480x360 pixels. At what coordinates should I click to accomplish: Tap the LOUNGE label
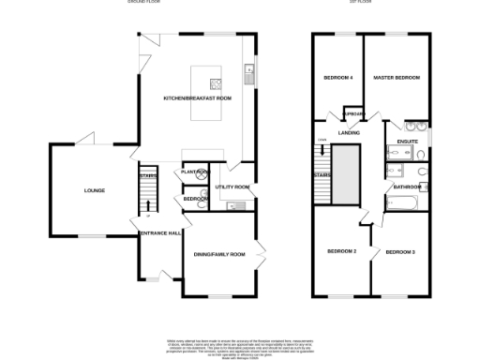[x=94, y=191]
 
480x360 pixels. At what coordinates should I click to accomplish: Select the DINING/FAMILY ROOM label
[x=218, y=254]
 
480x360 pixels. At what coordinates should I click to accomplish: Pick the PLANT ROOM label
[x=195, y=172]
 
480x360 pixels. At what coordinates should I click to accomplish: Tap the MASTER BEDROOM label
[x=395, y=77]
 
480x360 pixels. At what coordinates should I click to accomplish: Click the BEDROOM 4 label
[x=338, y=77]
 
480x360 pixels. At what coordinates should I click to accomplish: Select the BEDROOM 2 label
[x=341, y=251]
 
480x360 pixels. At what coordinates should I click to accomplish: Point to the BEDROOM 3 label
[x=400, y=251]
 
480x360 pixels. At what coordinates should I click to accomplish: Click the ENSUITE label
[x=407, y=142]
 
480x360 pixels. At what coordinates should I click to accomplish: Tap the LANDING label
[x=350, y=132]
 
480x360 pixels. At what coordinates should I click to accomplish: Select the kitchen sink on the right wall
[x=248, y=69]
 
